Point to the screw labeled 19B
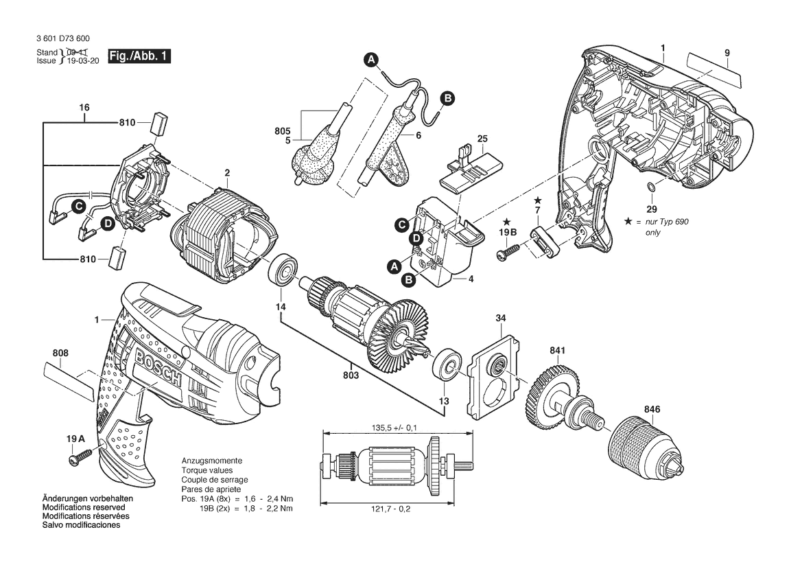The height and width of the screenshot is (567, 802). pyautogui.click(x=508, y=251)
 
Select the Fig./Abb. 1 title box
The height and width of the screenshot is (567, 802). pyautogui.click(x=139, y=56)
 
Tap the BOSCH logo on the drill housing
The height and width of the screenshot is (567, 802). pyautogui.click(x=158, y=365)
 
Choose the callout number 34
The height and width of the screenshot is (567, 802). pyautogui.click(x=501, y=318)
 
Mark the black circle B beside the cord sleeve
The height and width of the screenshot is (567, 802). pyautogui.click(x=447, y=98)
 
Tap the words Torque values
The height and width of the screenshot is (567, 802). pyautogui.click(x=207, y=470)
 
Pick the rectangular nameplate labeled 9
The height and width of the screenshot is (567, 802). pyautogui.click(x=713, y=69)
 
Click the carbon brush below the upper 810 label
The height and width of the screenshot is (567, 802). pyautogui.click(x=159, y=124)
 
